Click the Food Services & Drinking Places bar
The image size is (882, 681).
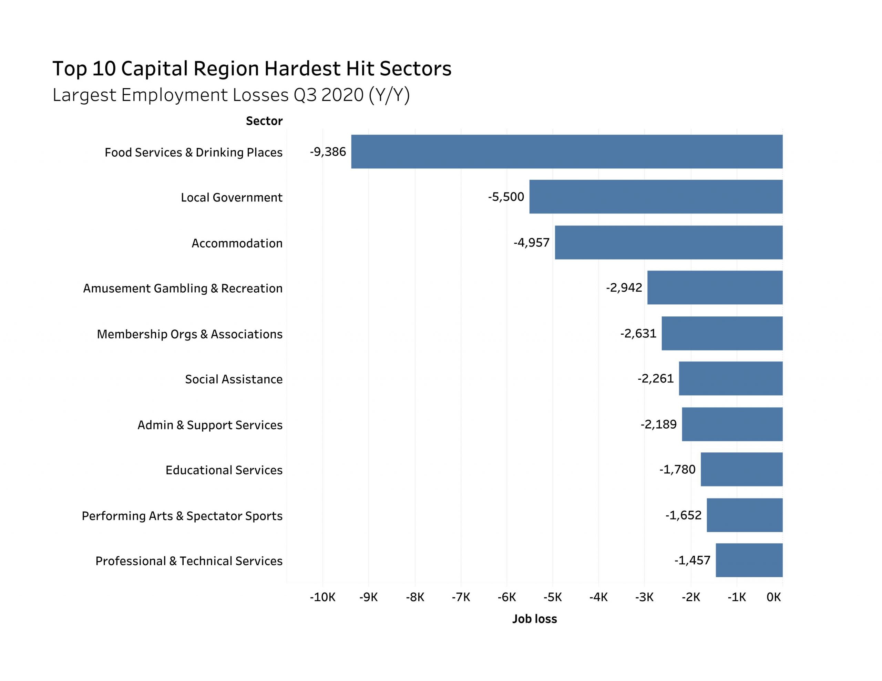click(x=567, y=151)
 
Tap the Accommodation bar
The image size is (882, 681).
click(x=668, y=242)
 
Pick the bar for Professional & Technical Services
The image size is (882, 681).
click(x=749, y=560)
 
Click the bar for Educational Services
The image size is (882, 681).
click(x=741, y=469)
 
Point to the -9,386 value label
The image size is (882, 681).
click(x=328, y=152)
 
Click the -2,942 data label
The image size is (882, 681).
click(x=624, y=287)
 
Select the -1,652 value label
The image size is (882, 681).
click(x=683, y=515)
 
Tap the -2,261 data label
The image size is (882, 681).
click(x=655, y=379)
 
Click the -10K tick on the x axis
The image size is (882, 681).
click(x=322, y=597)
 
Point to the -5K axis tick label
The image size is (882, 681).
click(x=553, y=597)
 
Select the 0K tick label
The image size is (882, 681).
click(x=773, y=597)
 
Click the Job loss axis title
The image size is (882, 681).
click(x=534, y=619)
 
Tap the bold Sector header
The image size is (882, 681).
click(x=264, y=121)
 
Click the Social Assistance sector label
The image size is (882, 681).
click(x=234, y=379)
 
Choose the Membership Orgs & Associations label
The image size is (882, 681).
click(x=189, y=334)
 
